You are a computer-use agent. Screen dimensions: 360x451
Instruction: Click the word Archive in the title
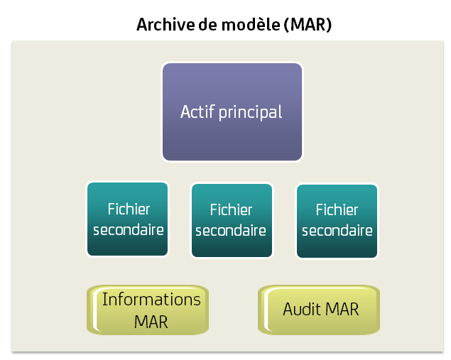[x=163, y=25]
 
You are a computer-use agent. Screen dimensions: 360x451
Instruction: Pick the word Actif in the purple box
[x=196, y=111]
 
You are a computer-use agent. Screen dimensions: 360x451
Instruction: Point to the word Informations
[x=151, y=300]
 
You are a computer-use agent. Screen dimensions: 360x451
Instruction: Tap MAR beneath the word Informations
[x=151, y=321]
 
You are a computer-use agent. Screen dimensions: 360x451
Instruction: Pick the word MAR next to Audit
[x=342, y=310]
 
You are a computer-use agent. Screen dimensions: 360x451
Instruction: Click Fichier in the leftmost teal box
[x=129, y=209]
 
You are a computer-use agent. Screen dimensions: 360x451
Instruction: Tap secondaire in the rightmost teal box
[x=337, y=231]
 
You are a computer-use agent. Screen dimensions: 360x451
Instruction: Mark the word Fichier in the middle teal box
[x=232, y=210]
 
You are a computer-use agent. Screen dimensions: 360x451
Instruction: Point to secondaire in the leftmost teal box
[x=129, y=230]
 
